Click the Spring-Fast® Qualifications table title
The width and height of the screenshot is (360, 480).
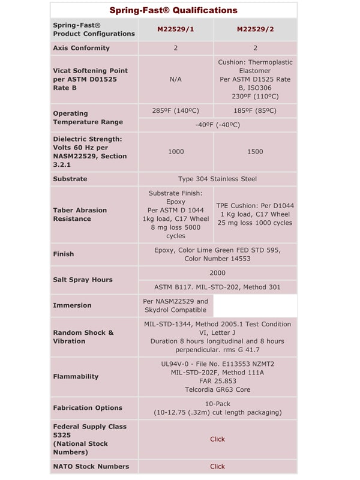tap(173, 10)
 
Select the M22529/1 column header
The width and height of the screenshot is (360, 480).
tap(176, 29)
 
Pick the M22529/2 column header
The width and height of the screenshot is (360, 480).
tap(255, 29)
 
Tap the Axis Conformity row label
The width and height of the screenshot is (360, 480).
tap(82, 48)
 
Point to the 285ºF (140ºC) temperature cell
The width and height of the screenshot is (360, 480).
tap(176, 110)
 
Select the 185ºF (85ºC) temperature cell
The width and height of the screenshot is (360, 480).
tap(255, 110)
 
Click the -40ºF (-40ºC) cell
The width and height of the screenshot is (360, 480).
tap(217, 125)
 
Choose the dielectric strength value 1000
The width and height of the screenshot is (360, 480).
tap(176, 152)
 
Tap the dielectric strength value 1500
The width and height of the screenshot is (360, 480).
tap(255, 152)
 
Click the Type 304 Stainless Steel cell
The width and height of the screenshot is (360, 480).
tap(217, 179)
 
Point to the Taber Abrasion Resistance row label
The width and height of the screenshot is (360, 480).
tap(80, 214)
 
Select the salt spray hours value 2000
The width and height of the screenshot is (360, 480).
tap(217, 273)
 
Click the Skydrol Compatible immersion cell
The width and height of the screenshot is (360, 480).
tap(176, 305)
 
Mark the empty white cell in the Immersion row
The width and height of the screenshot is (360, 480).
tap(255, 305)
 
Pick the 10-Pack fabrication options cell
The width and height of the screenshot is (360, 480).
tap(217, 408)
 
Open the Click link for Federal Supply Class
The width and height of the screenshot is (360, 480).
tap(217, 439)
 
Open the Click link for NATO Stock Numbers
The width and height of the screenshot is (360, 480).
tap(217, 466)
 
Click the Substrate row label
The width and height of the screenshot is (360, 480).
tap(70, 179)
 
